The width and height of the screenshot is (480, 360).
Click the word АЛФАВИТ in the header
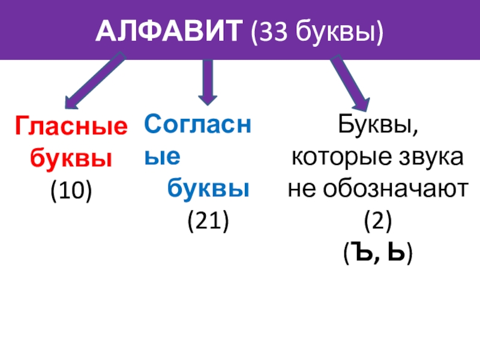(167, 29)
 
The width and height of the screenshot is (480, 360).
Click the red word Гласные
(71, 127)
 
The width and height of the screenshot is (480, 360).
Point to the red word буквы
(71, 158)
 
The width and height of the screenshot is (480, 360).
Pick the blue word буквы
(208, 188)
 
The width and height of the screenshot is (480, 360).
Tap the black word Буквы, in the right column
(377, 127)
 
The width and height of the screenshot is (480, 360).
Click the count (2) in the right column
(377, 222)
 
